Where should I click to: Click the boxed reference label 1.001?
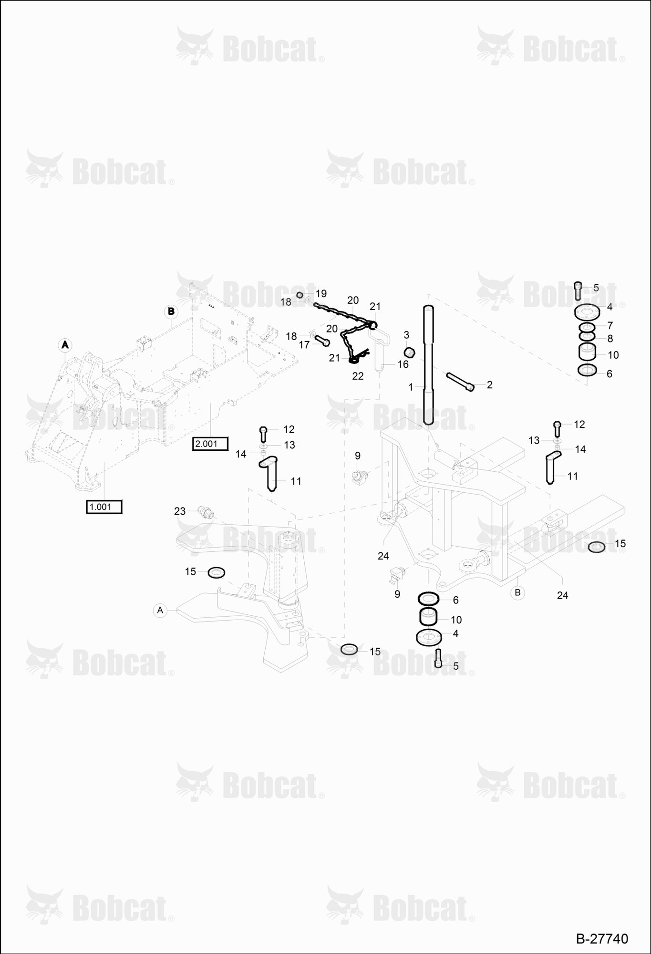coord(104,507)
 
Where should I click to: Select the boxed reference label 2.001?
coord(210,444)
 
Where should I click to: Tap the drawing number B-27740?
coord(602,939)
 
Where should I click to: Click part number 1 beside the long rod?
coord(411,387)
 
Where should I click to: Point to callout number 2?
coord(489,385)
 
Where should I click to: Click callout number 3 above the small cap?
coord(406,334)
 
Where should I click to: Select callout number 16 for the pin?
coord(403,364)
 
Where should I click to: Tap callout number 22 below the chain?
coord(358,376)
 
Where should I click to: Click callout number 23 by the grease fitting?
coord(179,511)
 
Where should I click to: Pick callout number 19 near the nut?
coord(321,293)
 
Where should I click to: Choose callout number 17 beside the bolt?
coord(304,345)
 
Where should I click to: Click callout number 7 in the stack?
coord(610,325)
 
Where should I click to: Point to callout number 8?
coord(610,339)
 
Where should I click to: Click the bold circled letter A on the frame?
coord(65,344)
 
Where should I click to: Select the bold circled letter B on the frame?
coord(171,312)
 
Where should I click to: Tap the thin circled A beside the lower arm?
coord(160,610)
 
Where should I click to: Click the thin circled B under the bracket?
coord(517,593)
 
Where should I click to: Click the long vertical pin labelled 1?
coord(428,365)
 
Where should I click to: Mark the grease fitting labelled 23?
coord(206,513)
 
